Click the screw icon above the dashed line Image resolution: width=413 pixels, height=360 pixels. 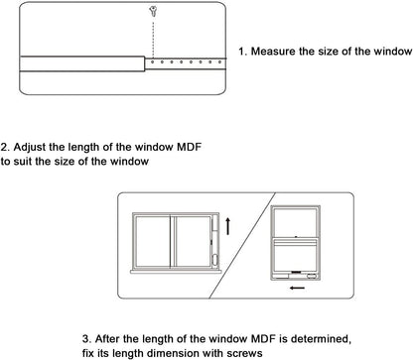click(153, 12)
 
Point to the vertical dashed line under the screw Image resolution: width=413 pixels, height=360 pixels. click(153, 39)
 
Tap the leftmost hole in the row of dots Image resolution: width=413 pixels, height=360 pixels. click(153, 61)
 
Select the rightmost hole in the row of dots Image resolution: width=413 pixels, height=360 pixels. click(219, 61)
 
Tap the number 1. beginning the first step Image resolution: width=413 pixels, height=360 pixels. click(243, 52)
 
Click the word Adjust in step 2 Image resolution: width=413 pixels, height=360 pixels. click(30, 147)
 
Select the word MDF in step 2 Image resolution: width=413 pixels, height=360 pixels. click(189, 147)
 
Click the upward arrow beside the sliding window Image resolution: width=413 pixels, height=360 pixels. click(227, 226)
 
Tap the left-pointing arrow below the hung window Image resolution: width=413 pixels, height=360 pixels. click(297, 288)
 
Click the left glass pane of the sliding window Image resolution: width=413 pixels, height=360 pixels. click(153, 241)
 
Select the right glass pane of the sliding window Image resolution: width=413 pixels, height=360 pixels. click(193, 241)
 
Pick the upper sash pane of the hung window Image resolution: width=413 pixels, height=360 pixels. click(295, 222)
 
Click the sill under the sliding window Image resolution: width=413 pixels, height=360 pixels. click(176, 272)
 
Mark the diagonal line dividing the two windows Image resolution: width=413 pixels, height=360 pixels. click(242, 245)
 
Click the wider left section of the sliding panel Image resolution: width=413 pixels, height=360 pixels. click(82, 63)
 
